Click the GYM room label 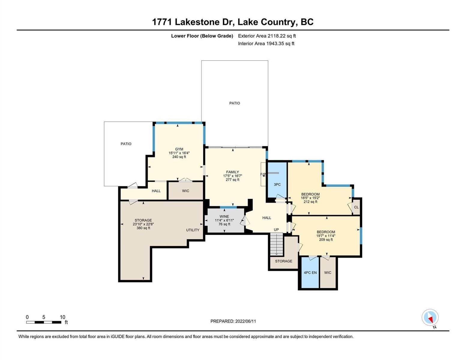[179, 149]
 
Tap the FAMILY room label [233, 172]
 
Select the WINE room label [224, 217]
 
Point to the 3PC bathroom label [277, 184]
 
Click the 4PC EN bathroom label [310, 272]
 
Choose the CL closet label [356, 207]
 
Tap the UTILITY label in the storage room [193, 230]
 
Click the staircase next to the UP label [276, 244]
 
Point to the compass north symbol [430, 317]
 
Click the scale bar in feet [44, 322]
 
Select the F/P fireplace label [263, 174]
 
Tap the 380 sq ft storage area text [143, 228]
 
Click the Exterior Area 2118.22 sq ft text [267, 36]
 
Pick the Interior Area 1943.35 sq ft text [266, 43]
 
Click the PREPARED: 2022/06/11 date [233, 321]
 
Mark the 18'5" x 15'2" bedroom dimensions [310, 198]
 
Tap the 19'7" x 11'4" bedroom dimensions [326, 235]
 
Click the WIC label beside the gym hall [185, 191]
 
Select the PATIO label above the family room [235, 103]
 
